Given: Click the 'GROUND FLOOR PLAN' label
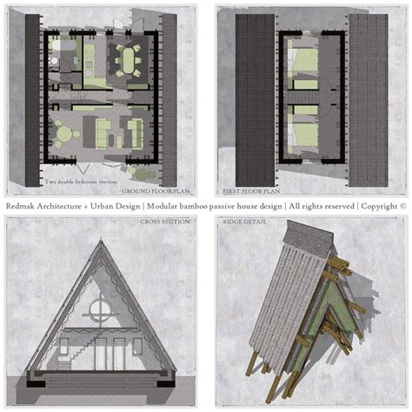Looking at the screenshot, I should [x=156, y=190].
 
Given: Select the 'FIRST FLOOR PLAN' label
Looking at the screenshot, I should [x=250, y=190].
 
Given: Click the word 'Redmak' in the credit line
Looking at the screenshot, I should [x=23, y=207].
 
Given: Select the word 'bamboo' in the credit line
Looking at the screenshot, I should [x=203, y=207].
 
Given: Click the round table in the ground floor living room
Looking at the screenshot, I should [x=63, y=133].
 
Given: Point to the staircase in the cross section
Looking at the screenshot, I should [x=70, y=348].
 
